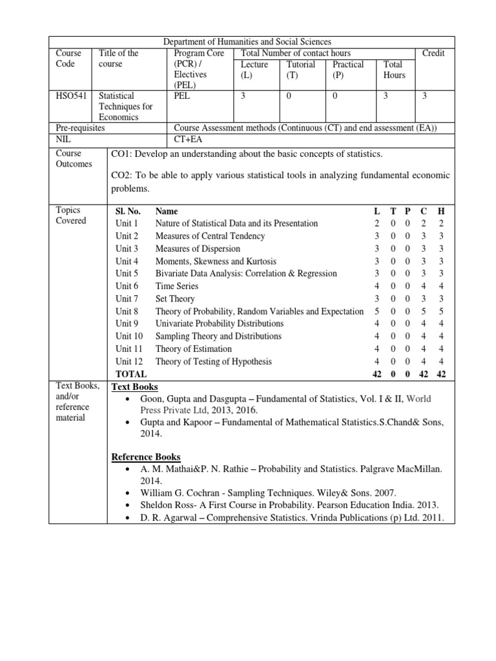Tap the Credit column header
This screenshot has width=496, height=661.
433,53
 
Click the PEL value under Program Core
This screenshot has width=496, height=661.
183,96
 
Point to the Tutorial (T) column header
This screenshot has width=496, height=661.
300,70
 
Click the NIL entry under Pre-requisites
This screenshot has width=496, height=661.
65,139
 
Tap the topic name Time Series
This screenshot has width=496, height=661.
176,286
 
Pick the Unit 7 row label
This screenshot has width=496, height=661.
127,299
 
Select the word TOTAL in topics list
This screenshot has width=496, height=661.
130,374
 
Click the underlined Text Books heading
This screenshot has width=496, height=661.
135,387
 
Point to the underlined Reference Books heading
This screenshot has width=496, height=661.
146,456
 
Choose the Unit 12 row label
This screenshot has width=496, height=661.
129,361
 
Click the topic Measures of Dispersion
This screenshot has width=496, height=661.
198,249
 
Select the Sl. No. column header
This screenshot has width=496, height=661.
128,211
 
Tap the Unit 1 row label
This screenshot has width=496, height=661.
127,223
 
